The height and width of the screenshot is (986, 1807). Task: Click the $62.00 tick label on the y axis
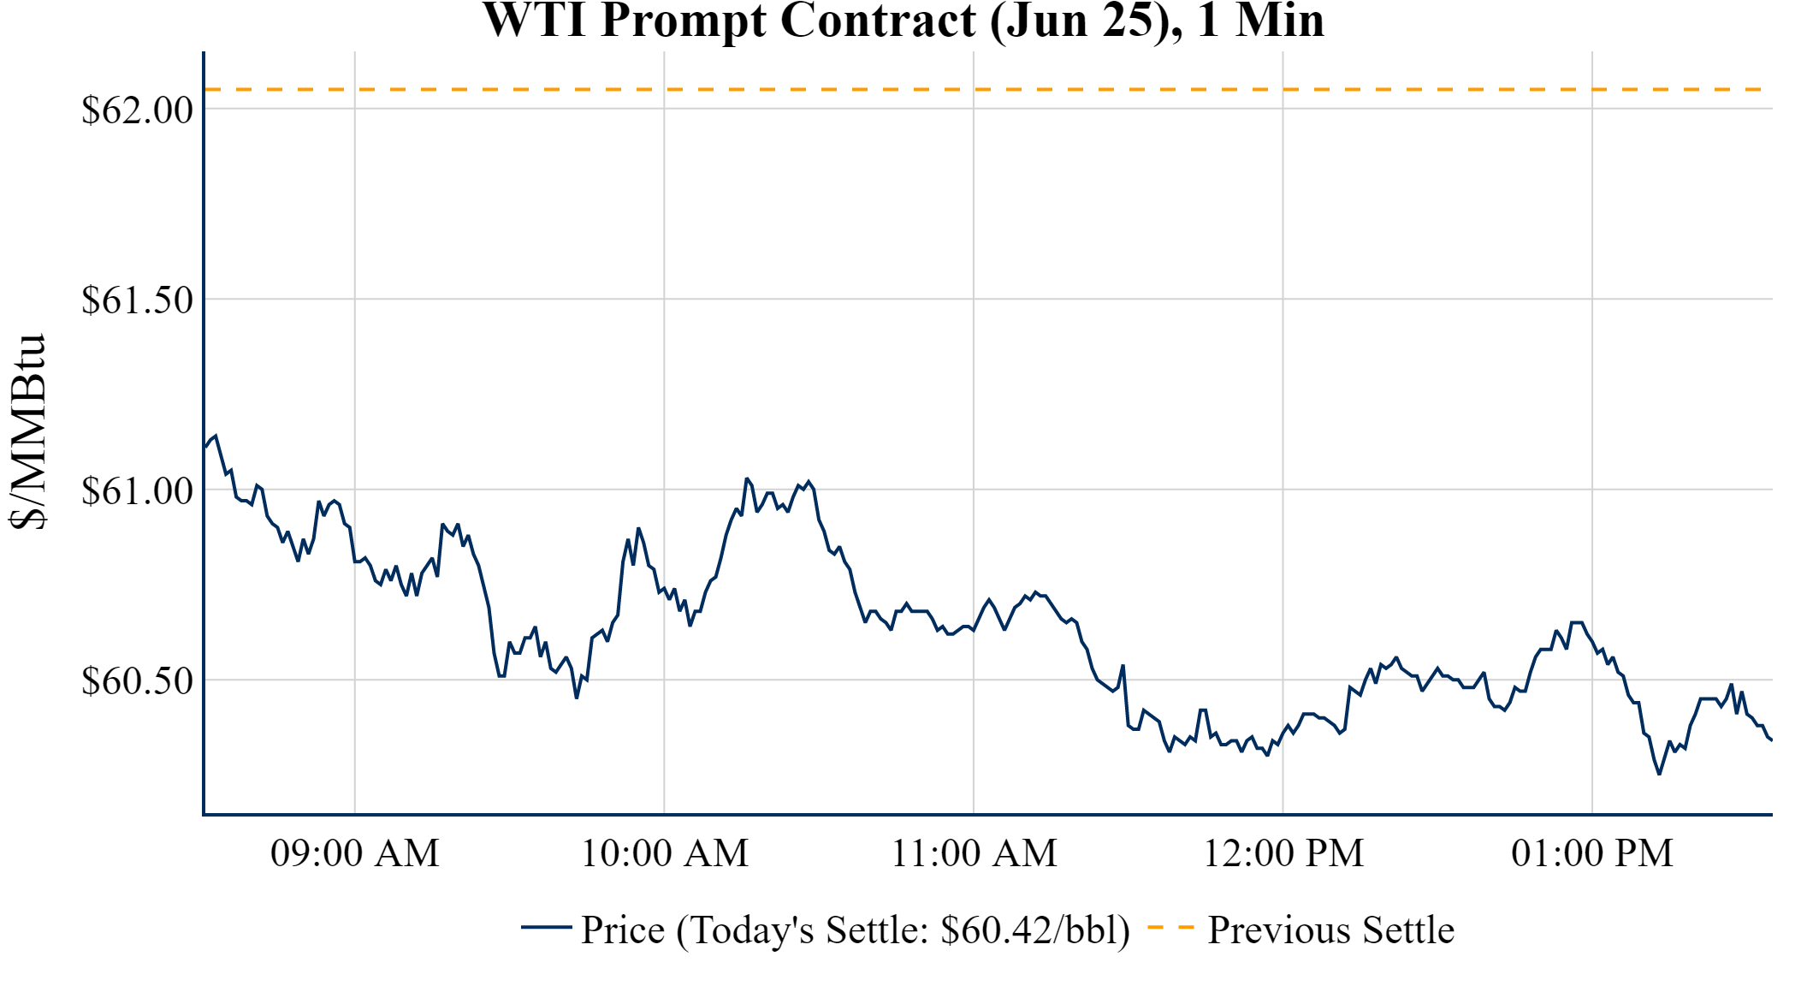pos(137,110)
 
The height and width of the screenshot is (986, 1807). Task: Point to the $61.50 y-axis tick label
pos(137,300)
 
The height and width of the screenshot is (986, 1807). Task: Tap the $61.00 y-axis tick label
pos(137,490)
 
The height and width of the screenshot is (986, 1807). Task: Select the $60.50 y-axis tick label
pos(137,681)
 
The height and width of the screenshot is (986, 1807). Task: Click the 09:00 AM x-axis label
pos(355,853)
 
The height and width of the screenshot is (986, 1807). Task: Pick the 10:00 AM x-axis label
pos(665,853)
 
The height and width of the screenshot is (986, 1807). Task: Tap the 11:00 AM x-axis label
pos(974,853)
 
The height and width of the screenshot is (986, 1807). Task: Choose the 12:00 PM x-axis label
pos(1283,853)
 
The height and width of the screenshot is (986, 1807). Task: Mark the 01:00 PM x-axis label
pos(1592,853)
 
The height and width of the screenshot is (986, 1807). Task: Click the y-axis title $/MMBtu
pos(27,432)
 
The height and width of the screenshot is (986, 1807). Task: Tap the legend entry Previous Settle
pos(1330,930)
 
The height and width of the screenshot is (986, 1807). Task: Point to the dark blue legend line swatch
pos(546,927)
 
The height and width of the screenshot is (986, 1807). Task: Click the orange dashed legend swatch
pos(1170,927)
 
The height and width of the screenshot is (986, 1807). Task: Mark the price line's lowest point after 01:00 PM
pos(1659,774)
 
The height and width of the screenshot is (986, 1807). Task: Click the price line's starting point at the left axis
pos(205,446)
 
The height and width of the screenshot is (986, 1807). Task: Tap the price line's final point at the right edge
pos(1771,740)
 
